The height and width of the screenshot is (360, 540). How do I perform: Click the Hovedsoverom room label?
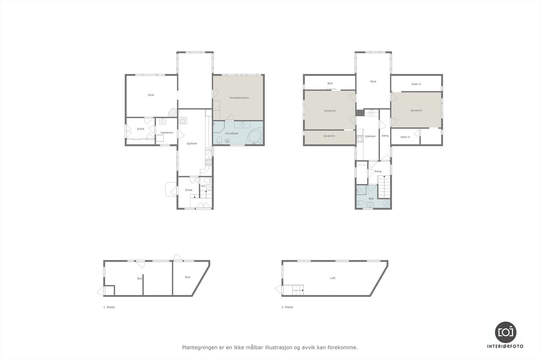pos(239,98)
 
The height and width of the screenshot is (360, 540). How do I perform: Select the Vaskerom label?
pos(167,133)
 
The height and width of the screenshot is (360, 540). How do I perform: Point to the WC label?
pos(203,186)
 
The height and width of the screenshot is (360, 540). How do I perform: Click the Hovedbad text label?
pos(232,134)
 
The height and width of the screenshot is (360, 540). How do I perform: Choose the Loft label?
pos(333,278)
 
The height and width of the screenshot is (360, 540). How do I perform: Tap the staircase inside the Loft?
pos(297,290)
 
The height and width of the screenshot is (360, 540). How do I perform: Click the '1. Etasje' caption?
pos(109,307)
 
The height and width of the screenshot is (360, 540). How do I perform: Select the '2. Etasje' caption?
pos(287,307)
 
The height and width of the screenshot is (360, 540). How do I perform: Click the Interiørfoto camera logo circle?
pos(505,332)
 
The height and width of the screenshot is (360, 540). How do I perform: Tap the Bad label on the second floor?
pos(371,199)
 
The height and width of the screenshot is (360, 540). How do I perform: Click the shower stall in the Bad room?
pos(361,190)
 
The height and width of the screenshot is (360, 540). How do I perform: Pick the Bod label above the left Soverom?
pos(330,83)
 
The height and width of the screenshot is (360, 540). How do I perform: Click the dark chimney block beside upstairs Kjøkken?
pos(360,113)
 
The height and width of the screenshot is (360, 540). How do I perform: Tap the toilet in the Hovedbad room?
pos(219,140)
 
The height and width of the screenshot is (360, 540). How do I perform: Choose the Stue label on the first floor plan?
pos(151,95)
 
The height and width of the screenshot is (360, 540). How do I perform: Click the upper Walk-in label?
pos(416,84)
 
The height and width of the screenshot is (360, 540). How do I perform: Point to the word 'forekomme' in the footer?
pos(343,347)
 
